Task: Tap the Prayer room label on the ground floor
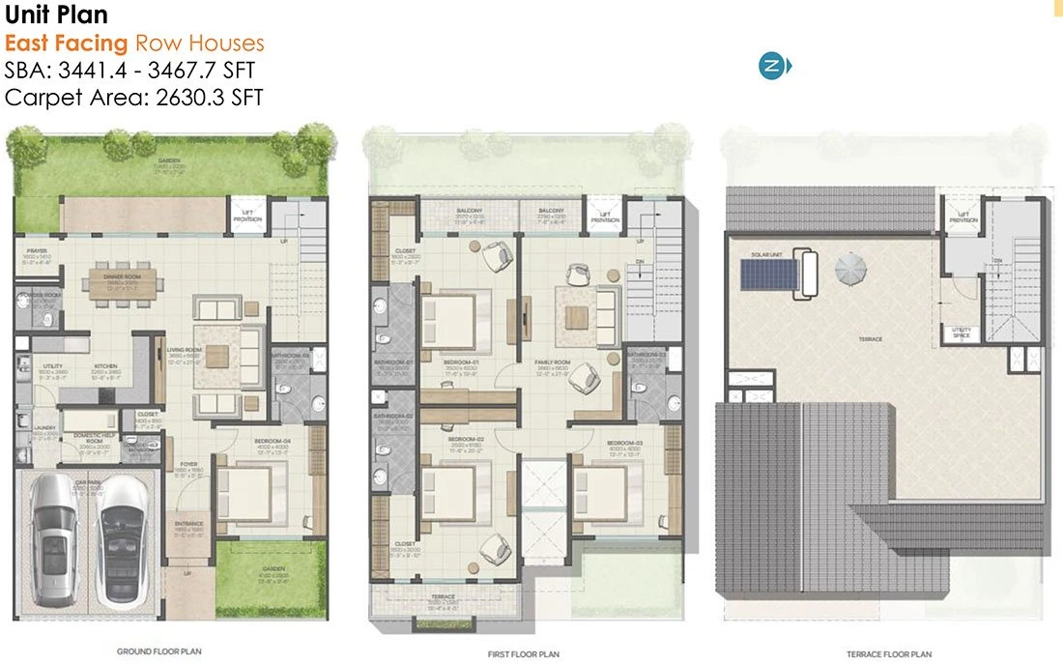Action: (x=38, y=252)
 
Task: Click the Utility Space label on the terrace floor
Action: (x=962, y=332)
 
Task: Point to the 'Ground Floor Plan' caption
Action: (x=159, y=652)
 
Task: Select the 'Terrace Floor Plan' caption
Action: (x=889, y=654)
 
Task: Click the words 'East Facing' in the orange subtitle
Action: (x=67, y=43)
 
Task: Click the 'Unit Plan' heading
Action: (x=56, y=15)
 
